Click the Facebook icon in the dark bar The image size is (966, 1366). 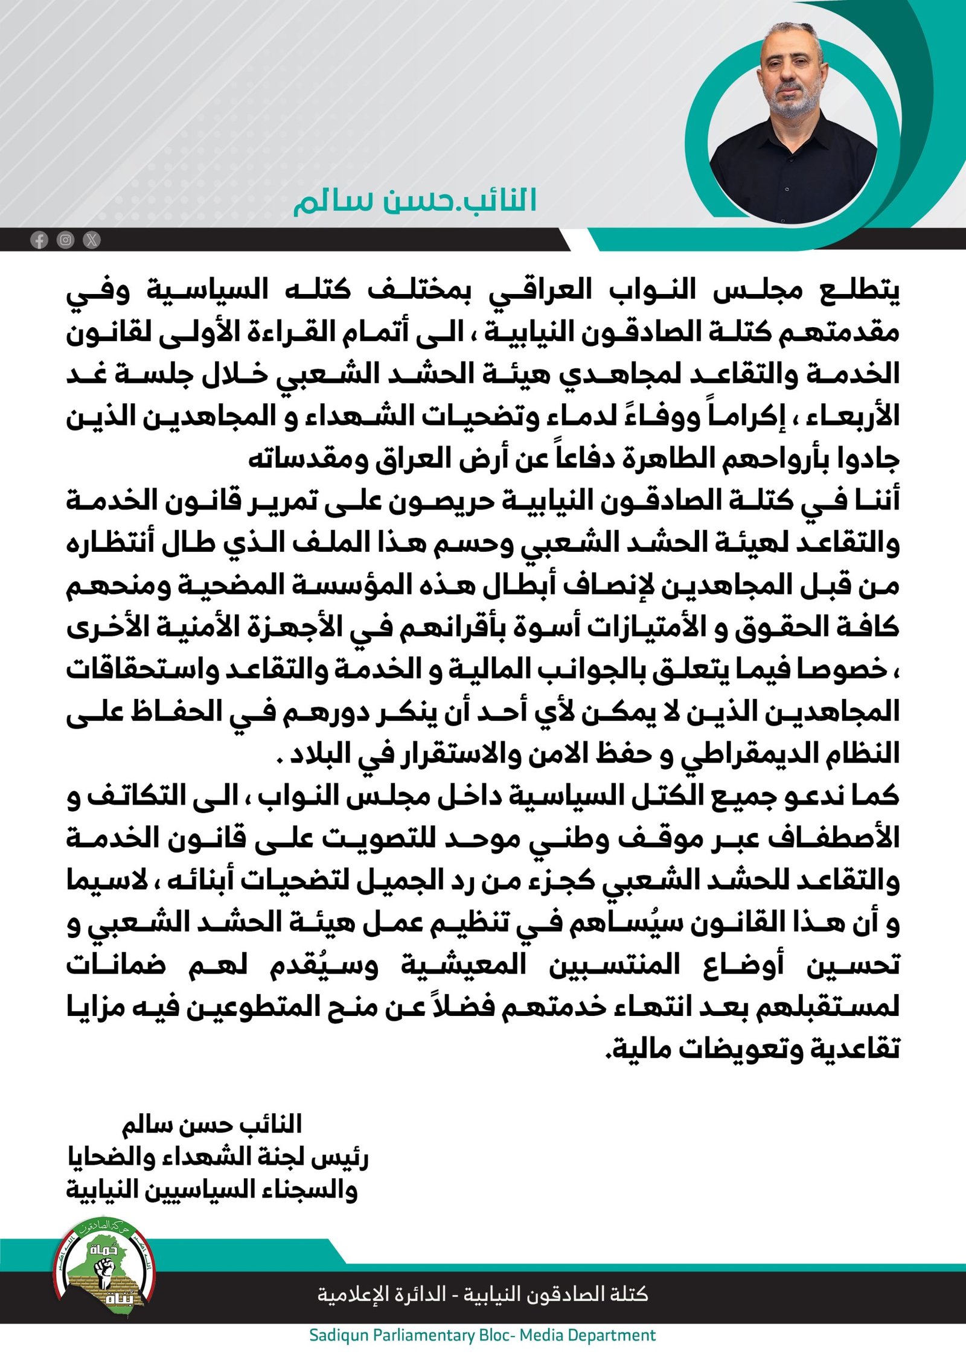point(39,240)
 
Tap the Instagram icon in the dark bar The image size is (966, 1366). point(65,240)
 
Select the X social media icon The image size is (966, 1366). point(91,240)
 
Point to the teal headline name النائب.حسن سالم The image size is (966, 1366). point(415,201)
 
